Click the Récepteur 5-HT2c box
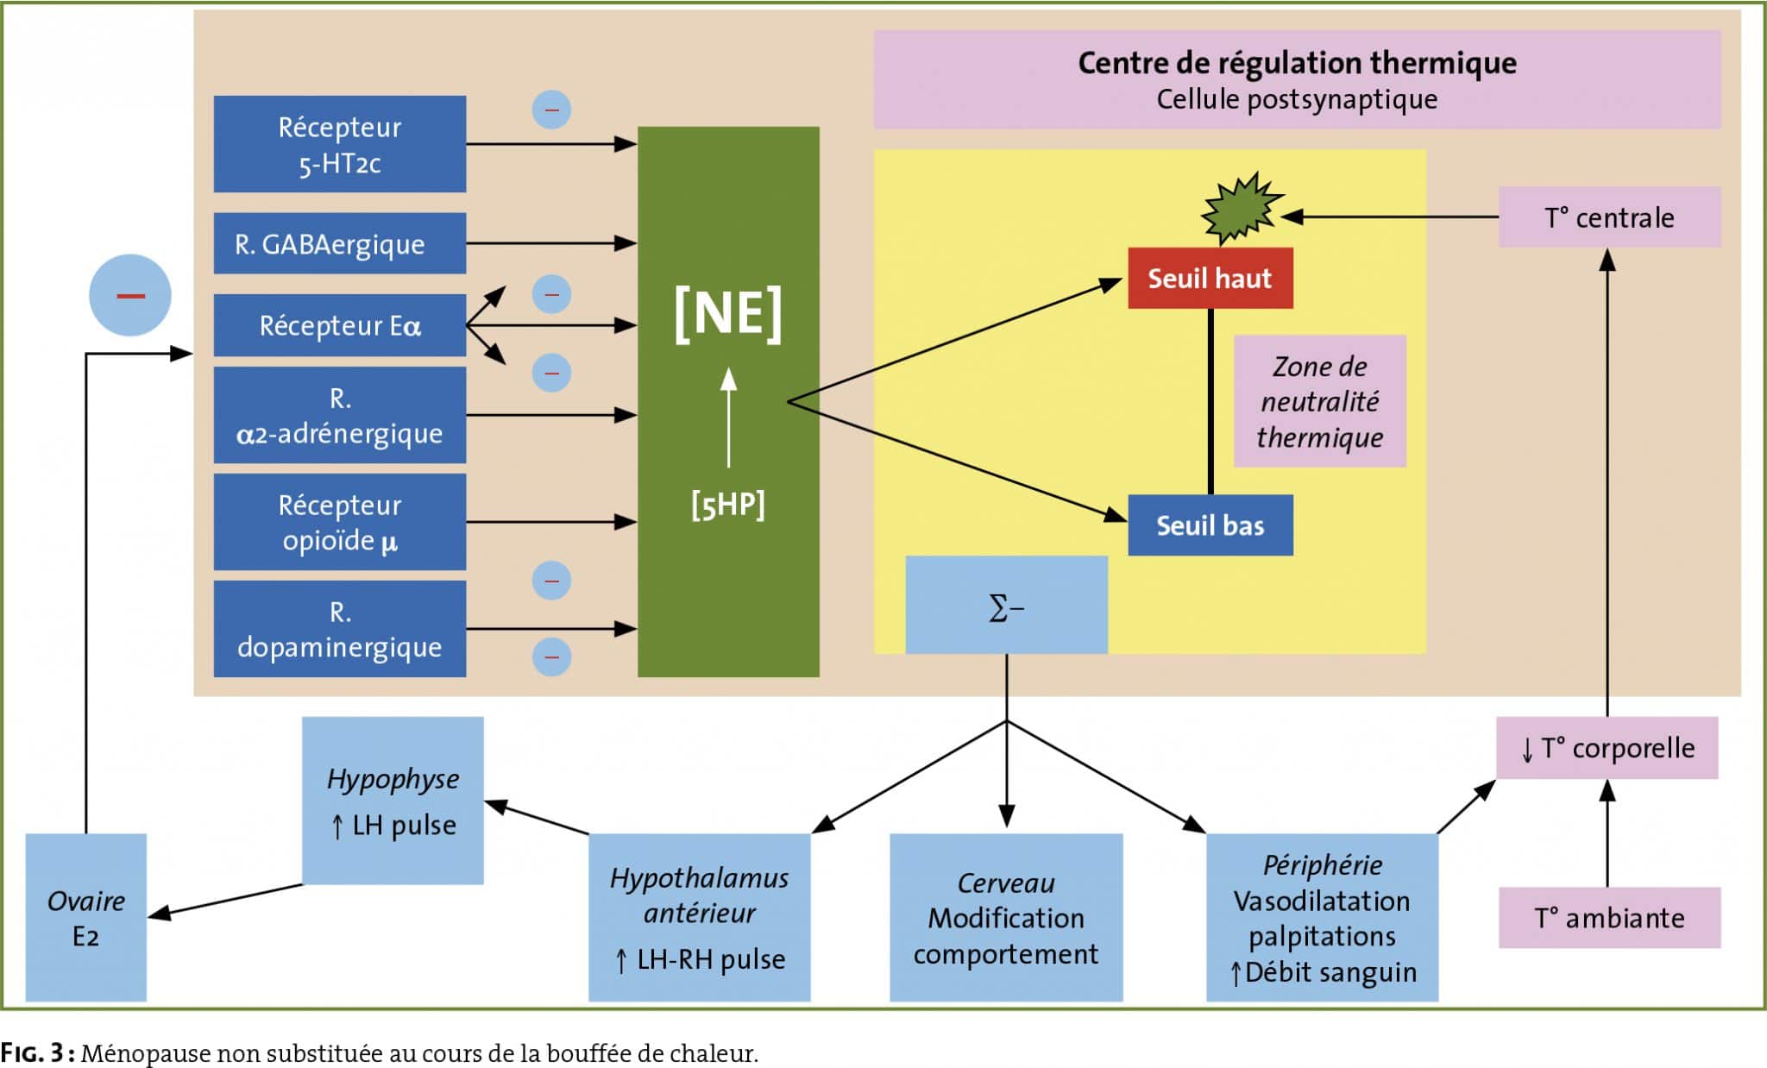(340, 144)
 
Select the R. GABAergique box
(340, 243)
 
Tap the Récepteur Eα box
(340, 325)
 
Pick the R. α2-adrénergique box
(340, 415)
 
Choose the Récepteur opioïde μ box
(340, 522)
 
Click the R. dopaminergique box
(340, 629)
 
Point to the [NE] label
(728, 314)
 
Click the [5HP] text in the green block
(728, 505)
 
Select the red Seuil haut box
(1210, 278)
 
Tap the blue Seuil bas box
(1210, 525)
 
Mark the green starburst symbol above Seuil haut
(1242, 207)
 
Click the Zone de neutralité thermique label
(1320, 401)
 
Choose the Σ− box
(1007, 605)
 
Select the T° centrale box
(1609, 217)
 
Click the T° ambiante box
(1609, 917)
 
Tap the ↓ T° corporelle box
(1607, 748)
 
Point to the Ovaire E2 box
(86, 917)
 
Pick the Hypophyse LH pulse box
(393, 801)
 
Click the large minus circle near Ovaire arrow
(130, 295)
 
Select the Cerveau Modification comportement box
(1006, 917)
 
